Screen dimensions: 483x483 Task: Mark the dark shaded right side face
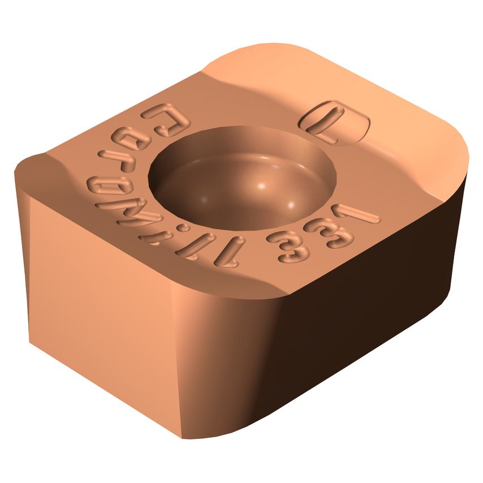[385, 317]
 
